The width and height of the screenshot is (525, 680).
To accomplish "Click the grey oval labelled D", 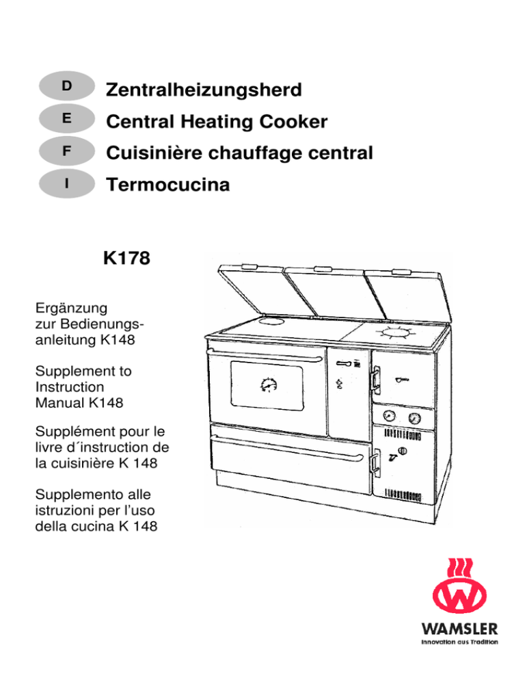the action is tap(67, 86).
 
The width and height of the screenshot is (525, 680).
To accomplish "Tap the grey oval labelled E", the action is tap(67, 118).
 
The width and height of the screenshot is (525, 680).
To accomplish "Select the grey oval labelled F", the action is tap(67, 151).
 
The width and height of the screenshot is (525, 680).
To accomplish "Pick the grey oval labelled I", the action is tap(67, 183).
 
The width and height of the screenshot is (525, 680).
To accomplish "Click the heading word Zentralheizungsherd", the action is tap(204, 90).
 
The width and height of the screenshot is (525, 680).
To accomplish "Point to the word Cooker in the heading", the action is tap(293, 122).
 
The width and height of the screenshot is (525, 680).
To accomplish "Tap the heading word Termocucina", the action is tap(167, 185).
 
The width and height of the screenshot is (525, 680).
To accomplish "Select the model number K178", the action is tap(126, 258).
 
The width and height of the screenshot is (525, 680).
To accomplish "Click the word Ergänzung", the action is tap(72, 309).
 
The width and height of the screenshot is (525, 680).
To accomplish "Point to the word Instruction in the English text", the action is tap(70, 387).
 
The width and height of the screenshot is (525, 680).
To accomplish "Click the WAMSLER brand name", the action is tap(459, 629).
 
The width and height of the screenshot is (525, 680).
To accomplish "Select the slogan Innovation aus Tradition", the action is tap(459, 642).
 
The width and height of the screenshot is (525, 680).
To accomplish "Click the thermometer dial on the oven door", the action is tap(269, 384).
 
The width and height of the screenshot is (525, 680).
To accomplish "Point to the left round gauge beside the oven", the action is tap(389, 416).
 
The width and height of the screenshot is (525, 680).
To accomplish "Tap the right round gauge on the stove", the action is tap(415, 419).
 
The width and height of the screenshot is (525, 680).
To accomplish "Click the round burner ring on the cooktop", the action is tap(396, 333).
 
